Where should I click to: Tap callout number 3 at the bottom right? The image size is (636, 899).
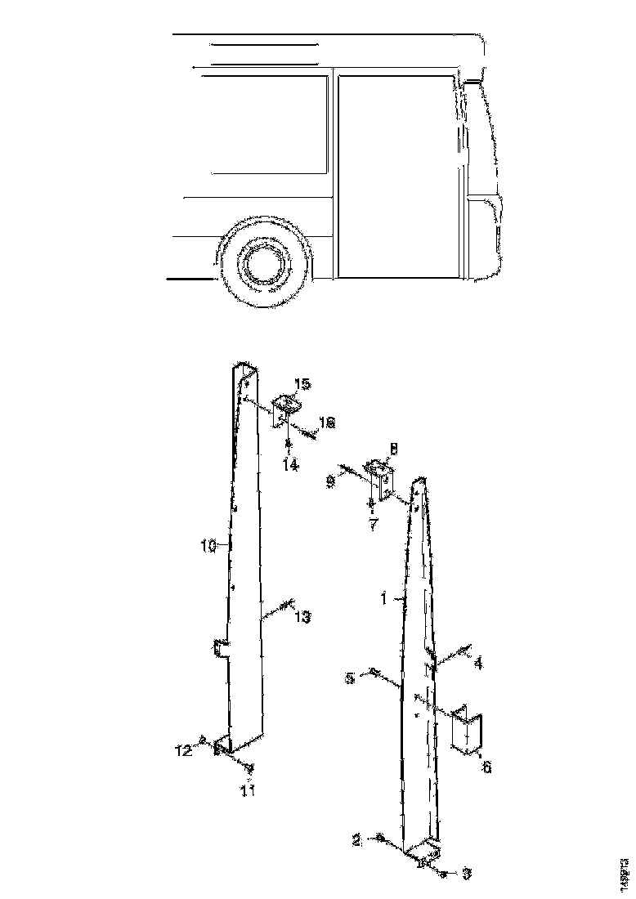point(466,874)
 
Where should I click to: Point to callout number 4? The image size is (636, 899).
point(478,664)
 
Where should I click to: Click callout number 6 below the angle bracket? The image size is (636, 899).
point(487,767)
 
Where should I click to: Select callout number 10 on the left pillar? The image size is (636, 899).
point(209,546)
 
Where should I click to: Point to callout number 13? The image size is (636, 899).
point(302,618)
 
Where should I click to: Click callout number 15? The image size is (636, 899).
point(302,384)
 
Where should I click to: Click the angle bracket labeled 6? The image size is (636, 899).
point(468,730)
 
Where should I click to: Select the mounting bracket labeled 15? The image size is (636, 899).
point(286,409)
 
